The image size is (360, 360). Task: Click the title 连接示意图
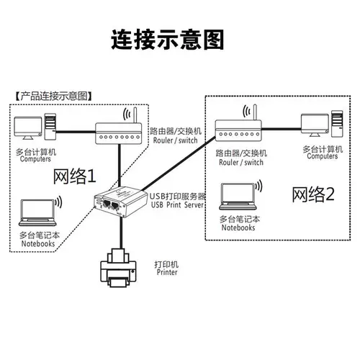click(x=166, y=39)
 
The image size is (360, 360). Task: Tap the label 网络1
click(x=74, y=176)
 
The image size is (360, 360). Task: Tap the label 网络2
click(x=313, y=194)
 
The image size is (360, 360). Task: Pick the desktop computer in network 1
click(x=35, y=127)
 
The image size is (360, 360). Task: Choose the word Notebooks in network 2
click(x=238, y=228)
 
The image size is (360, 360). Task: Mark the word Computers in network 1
click(x=35, y=160)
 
